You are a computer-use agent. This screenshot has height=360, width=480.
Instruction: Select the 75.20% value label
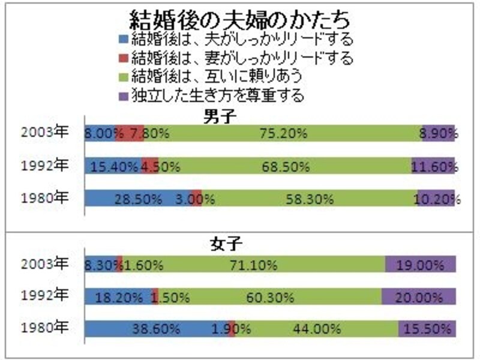coord(276,134)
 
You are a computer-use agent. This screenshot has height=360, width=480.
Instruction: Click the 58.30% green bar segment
coord(309,198)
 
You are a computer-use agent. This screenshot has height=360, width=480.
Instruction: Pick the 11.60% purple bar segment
coord(433,166)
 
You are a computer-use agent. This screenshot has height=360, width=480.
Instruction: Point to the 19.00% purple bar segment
coord(421,264)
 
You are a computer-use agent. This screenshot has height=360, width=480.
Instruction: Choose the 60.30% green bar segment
coord(269,296)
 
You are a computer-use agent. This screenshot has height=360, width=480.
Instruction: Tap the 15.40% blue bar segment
coord(112,166)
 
